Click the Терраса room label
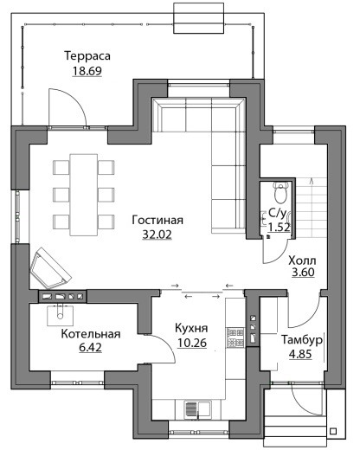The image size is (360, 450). coord(87,56)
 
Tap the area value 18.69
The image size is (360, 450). coord(87,71)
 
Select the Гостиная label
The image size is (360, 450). coord(157,220)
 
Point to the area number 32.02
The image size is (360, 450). coord(157,235)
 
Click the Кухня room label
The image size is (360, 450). coord(191,328)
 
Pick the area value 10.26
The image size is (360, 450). coord(192,343)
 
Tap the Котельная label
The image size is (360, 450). coord(91,334)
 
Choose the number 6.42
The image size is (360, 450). coord(90,348)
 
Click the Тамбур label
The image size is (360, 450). coord(302,340)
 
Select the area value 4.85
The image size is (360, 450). coord(300,354)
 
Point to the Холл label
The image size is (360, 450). coord(302,260)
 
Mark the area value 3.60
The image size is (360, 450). coord(303,273)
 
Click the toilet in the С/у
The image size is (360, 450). coord(280,193)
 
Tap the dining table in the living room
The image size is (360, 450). coord(84,195)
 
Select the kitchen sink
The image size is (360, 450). coord(198,409)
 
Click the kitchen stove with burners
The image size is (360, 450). coord(235,337)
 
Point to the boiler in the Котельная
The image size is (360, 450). coord(60,314)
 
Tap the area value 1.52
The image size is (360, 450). coord(279,228)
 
